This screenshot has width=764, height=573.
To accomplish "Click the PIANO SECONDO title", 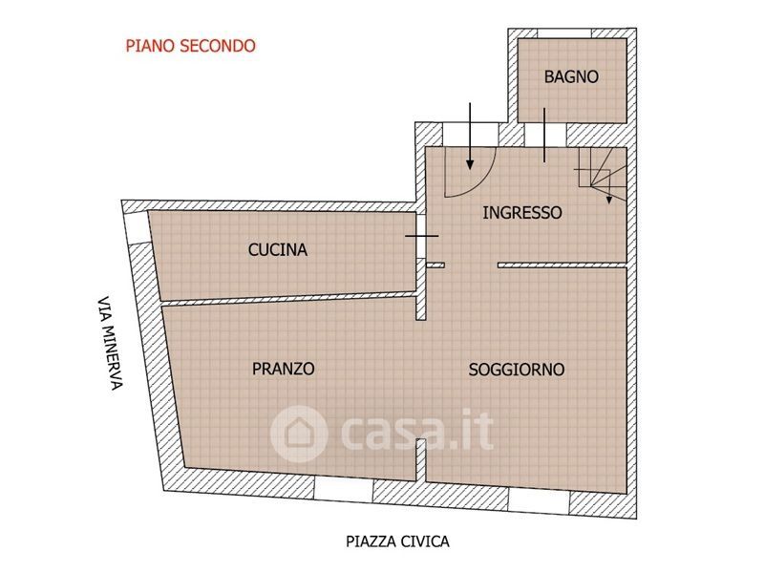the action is (190, 46).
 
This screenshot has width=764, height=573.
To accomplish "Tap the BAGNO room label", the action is (571, 76).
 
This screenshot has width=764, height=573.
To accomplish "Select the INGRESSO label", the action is (521, 212).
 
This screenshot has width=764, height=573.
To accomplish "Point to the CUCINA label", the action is (278, 249).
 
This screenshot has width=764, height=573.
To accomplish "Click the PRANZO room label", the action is (283, 369).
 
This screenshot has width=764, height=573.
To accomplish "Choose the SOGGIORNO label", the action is (517, 370).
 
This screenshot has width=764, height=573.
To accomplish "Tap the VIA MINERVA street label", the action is (110, 343).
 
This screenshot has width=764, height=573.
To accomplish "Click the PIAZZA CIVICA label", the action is (397, 541).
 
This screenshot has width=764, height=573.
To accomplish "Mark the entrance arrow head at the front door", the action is (470, 164).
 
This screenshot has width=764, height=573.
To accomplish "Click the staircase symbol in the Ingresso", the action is (602, 175).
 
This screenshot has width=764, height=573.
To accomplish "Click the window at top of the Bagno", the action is (564, 33).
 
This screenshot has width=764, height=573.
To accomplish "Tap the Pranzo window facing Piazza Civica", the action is (344, 488).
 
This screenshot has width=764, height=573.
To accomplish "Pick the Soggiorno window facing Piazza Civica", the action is (539, 500).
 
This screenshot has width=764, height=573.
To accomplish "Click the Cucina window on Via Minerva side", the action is (136, 226).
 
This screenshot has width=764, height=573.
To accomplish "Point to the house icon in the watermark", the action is (299, 434).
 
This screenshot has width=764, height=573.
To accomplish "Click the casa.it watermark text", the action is (416, 432).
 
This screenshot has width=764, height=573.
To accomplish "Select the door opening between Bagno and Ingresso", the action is (545, 136).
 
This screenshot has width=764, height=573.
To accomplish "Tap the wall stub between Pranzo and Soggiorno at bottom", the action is (421, 460).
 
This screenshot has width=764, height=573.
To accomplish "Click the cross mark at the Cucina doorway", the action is (422, 236).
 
